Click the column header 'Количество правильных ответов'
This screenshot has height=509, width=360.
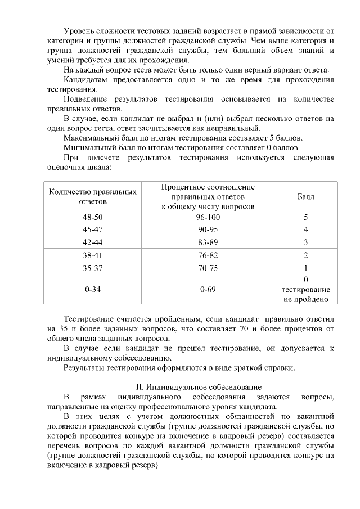[93, 196]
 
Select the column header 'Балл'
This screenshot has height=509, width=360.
[305, 197]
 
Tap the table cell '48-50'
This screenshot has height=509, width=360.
[93, 217]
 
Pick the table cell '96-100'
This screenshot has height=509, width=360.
[208, 217]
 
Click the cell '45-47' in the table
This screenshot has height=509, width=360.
[93, 229]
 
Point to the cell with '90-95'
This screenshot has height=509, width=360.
[208, 229]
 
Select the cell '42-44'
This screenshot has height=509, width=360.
[93, 242]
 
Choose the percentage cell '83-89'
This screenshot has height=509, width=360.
[208, 242]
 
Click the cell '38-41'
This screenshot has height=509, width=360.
[93, 255]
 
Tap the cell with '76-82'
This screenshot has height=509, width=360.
[208, 255]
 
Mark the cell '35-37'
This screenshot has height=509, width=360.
[93, 268]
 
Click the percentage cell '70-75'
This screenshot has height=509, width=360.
[208, 268]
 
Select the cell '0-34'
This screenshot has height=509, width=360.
[93, 290]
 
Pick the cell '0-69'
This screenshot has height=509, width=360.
[208, 290]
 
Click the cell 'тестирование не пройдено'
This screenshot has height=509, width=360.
[305, 295]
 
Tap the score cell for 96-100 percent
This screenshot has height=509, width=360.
[305, 217]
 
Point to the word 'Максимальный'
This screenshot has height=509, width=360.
[88, 138]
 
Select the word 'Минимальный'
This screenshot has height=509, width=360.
[87, 147]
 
